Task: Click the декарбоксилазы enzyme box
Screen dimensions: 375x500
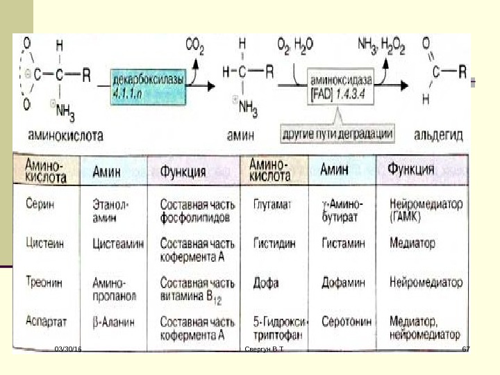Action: (149, 85)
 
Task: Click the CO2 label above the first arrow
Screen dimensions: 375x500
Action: (194, 47)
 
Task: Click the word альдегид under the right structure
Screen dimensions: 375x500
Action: (438, 133)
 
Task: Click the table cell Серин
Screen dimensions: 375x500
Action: (40, 205)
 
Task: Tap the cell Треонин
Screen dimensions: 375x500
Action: (43, 283)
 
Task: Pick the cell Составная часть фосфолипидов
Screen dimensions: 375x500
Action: (192, 211)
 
